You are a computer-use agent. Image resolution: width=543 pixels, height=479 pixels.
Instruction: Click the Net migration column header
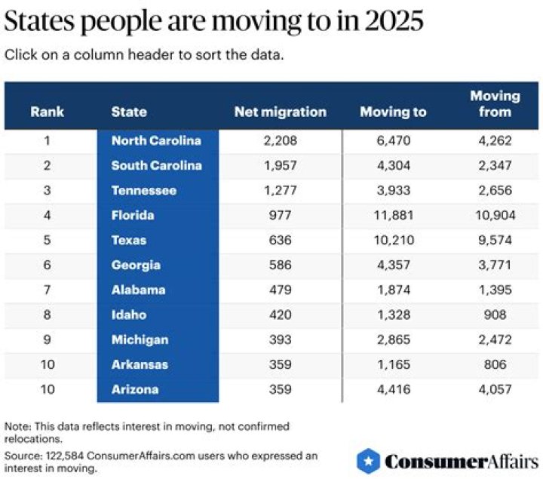pos(280,112)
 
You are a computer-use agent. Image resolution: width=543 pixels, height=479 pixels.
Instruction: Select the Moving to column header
pos(393,112)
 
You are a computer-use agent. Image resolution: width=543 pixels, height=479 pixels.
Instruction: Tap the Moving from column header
pos(495,104)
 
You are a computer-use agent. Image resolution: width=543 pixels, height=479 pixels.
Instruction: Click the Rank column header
pos(47,112)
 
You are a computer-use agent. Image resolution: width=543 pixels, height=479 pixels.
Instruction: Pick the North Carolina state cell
pos(156,140)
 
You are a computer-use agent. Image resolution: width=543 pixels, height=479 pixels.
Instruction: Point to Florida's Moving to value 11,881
pos(393,215)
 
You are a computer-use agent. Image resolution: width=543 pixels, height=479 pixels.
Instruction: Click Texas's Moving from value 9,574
pos(495,240)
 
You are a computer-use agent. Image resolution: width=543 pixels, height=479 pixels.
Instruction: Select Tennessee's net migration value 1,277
pos(280,190)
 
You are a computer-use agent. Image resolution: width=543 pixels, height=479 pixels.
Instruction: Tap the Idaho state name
pos(129,315)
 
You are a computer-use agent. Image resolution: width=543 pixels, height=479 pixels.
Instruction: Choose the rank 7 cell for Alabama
pos(47,290)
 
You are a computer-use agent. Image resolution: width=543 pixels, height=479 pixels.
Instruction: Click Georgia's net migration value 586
pos(280,265)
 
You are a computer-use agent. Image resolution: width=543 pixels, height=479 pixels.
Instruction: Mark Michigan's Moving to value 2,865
pos(393,339)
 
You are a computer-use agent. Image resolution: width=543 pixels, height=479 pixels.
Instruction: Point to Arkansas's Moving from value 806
pos(495,364)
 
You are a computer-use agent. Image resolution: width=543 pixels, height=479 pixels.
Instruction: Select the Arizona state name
pos(135,389)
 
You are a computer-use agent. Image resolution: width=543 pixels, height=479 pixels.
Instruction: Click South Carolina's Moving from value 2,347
pos(495,165)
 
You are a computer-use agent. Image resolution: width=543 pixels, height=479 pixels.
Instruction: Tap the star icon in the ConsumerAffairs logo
pos(368,461)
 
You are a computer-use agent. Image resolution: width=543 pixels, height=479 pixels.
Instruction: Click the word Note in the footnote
pos(17,426)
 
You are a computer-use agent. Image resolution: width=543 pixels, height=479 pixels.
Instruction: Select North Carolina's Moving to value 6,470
pos(393,140)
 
